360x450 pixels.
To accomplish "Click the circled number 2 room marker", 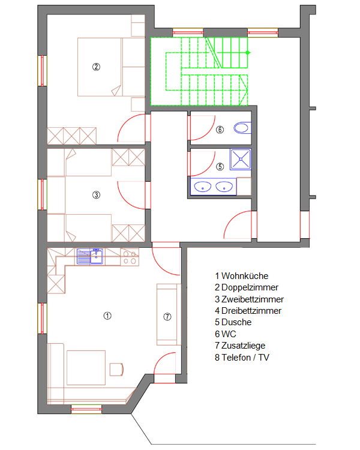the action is (x=96, y=67).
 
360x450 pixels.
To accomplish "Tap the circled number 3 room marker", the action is (x=96, y=195).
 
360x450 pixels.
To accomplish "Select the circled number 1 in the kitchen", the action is (x=107, y=316).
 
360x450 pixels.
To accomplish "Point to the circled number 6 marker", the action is (x=220, y=130).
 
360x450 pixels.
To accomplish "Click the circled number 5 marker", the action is (x=220, y=166).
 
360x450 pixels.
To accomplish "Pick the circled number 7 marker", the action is (x=167, y=317).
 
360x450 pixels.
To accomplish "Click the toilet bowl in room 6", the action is (x=242, y=128).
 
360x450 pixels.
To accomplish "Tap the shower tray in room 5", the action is (x=241, y=159).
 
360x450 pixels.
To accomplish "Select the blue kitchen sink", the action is (x=90, y=256).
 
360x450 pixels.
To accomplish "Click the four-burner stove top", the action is (x=130, y=257).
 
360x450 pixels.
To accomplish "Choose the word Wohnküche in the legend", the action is (x=245, y=276).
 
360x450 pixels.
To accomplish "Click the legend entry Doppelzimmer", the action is (x=250, y=287).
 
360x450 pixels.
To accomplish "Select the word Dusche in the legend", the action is (x=236, y=322).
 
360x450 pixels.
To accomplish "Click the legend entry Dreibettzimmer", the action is (x=251, y=311).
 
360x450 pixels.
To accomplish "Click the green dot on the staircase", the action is (x=248, y=53).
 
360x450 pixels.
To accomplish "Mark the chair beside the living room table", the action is (x=116, y=369).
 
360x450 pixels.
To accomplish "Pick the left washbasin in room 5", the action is (x=203, y=187).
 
